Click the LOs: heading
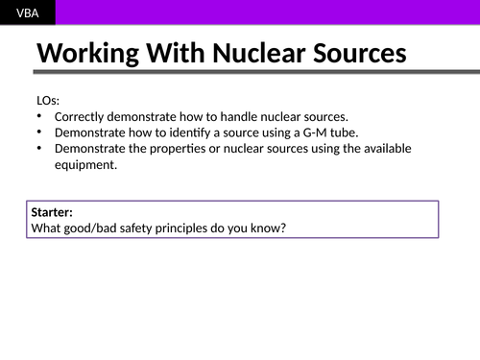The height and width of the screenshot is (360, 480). pyautogui.click(x=46, y=100)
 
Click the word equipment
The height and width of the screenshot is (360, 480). pyautogui.click(x=85, y=164)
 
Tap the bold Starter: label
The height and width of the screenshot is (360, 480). pyautogui.click(x=52, y=212)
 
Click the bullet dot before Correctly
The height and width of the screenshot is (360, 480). pyautogui.click(x=38, y=116)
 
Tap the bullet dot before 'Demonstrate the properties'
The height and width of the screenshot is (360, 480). pyautogui.click(x=38, y=149)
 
